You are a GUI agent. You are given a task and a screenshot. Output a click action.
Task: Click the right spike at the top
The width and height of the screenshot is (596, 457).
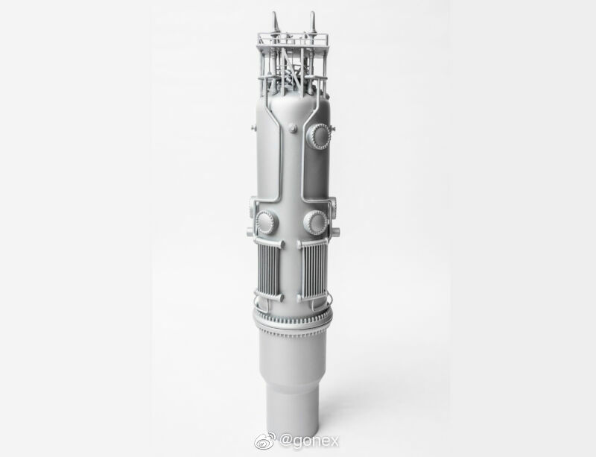click(x=312, y=22)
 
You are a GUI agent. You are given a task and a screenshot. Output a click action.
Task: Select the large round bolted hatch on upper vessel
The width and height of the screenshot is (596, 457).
click(x=320, y=136)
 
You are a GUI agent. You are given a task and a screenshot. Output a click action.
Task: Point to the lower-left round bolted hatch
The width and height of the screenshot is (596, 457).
click(x=267, y=222)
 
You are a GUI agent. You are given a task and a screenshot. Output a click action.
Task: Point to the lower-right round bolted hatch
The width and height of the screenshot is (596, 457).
click(x=315, y=222)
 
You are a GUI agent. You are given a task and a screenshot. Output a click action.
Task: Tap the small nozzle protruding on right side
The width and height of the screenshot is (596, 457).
click(x=337, y=231)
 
